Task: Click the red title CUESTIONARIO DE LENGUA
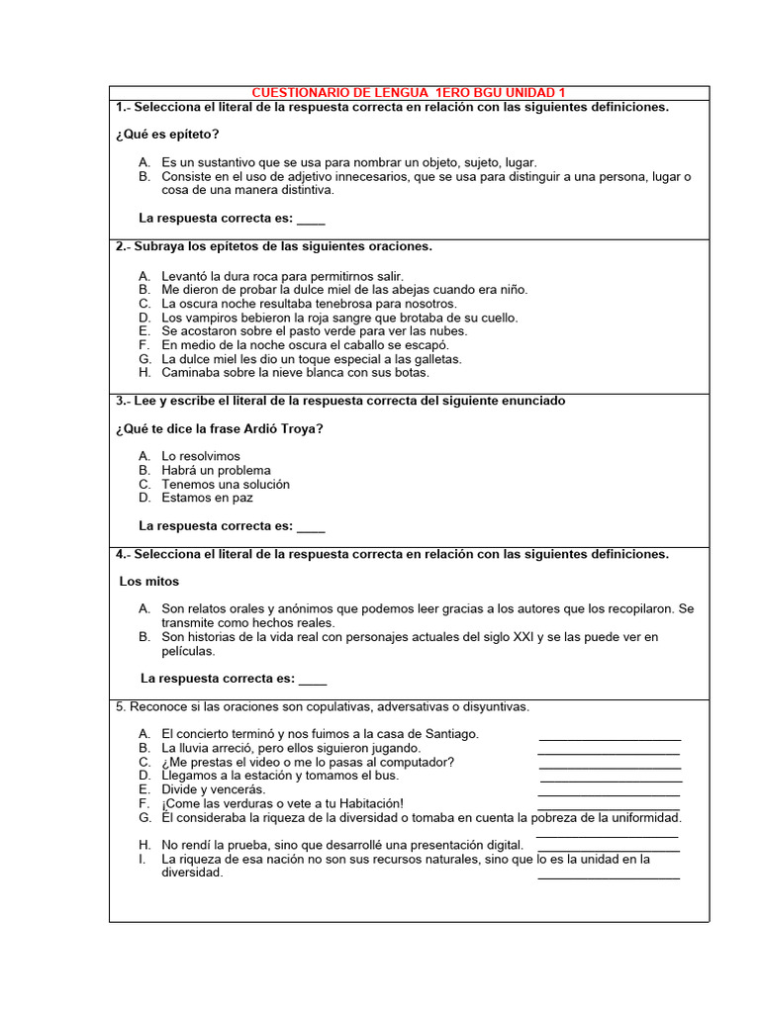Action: [x=409, y=92]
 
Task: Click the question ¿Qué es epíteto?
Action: [x=167, y=135]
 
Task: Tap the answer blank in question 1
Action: [x=311, y=220]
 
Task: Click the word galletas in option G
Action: [x=437, y=359]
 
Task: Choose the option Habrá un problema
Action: [x=216, y=471]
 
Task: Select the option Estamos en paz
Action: [x=208, y=499]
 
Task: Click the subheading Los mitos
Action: [x=149, y=582]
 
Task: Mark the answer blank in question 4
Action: [x=313, y=681]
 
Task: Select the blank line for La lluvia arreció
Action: [x=609, y=752]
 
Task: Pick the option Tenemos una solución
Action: [x=226, y=485]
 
